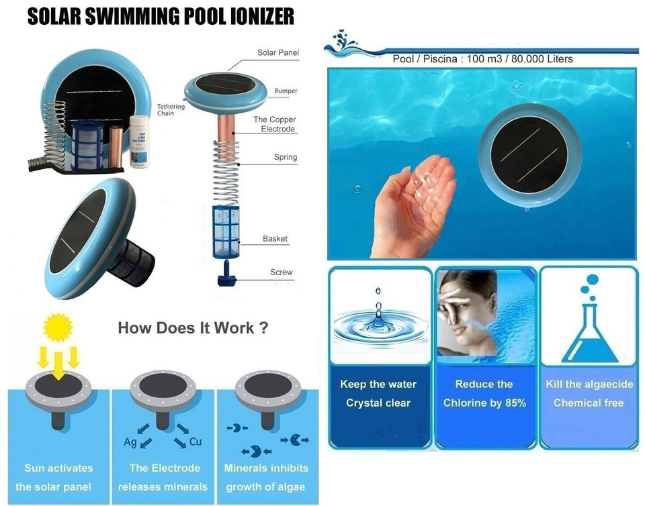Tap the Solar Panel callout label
(278, 52)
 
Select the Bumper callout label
(286, 91)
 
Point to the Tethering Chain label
(171, 110)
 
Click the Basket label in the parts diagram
(275, 239)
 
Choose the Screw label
(282, 272)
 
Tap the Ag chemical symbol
(131, 442)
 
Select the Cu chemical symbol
(196, 442)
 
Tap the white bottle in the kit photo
(138, 140)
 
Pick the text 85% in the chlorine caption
(513, 403)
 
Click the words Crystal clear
(378, 403)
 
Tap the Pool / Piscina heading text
(482, 59)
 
